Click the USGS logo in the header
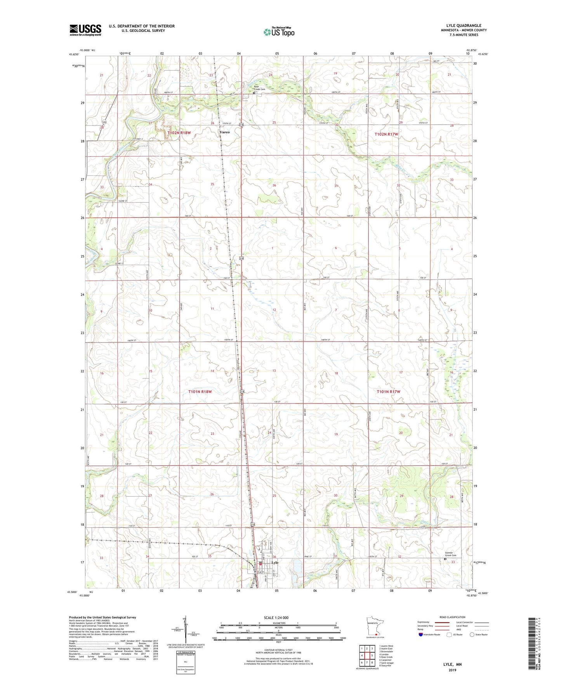click(85, 30)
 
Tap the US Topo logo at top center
click(279, 32)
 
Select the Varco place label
click(224, 132)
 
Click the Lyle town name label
click(275, 563)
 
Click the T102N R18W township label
click(179, 133)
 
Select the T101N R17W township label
click(388, 392)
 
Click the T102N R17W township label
click(386, 134)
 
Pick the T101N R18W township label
click(200, 392)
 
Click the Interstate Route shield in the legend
click(421, 635)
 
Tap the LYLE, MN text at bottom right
click(452, 664)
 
